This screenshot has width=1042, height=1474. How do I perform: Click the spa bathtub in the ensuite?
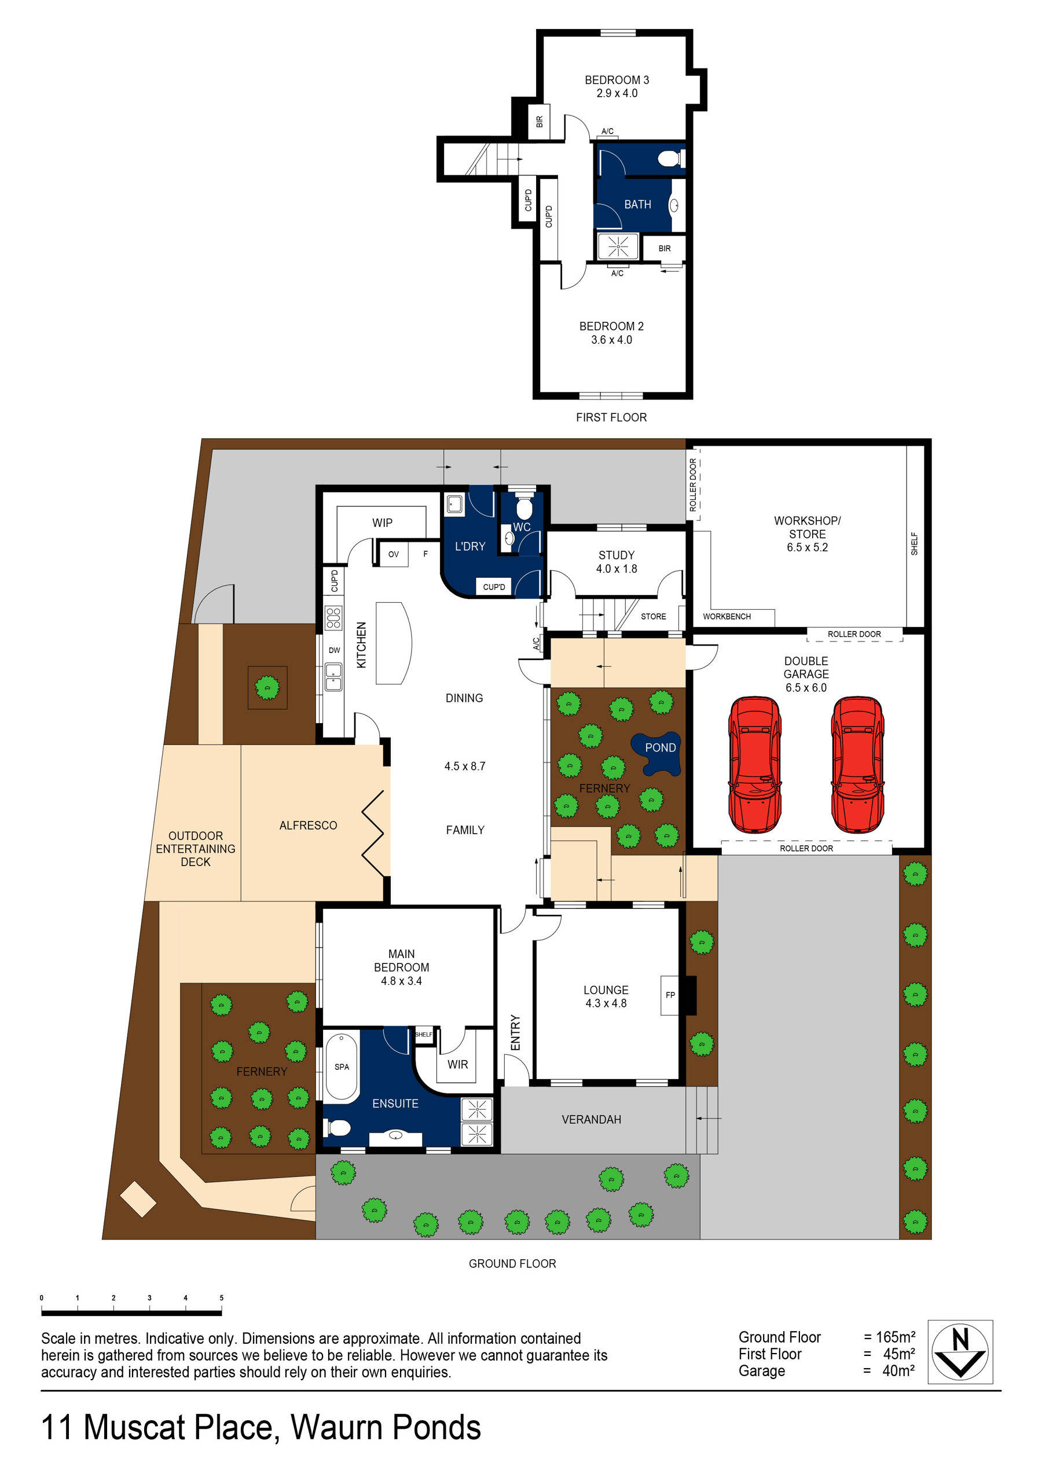click(x=342, y=1067)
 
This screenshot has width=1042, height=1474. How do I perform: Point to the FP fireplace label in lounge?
click(x=670, y=995)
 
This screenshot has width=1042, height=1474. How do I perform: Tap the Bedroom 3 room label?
click(x=617, y=80)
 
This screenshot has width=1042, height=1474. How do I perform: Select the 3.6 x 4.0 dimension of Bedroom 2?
click(x=611, y=340)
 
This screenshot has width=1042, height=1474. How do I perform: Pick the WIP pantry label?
click(x=382, y=523)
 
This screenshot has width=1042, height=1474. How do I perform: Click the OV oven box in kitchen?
click(x=393, y=554)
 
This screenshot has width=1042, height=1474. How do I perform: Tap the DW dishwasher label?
click(x=334, y=650)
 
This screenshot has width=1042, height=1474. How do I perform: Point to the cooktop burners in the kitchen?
click(x=333, y=617)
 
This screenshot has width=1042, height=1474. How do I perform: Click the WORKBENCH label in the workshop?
click(x=726, y=617)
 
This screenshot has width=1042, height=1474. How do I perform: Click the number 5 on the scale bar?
click(x=222, y=1297)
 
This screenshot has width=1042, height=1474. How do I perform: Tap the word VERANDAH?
click(x=590, y=1120)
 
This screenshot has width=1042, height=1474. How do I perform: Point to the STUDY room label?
click(x=616, y=555)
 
